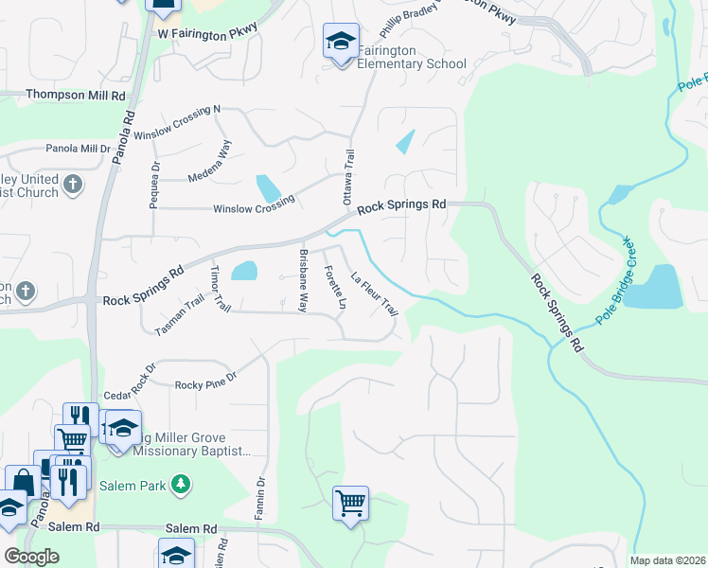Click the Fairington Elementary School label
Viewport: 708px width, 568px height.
tap(412, 57)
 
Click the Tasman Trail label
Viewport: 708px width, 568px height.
tap(180, 316)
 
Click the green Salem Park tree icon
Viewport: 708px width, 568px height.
tap(180, 486)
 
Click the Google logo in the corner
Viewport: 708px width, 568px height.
tap(31, 557)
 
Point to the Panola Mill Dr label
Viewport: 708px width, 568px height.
tap(79, 149)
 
